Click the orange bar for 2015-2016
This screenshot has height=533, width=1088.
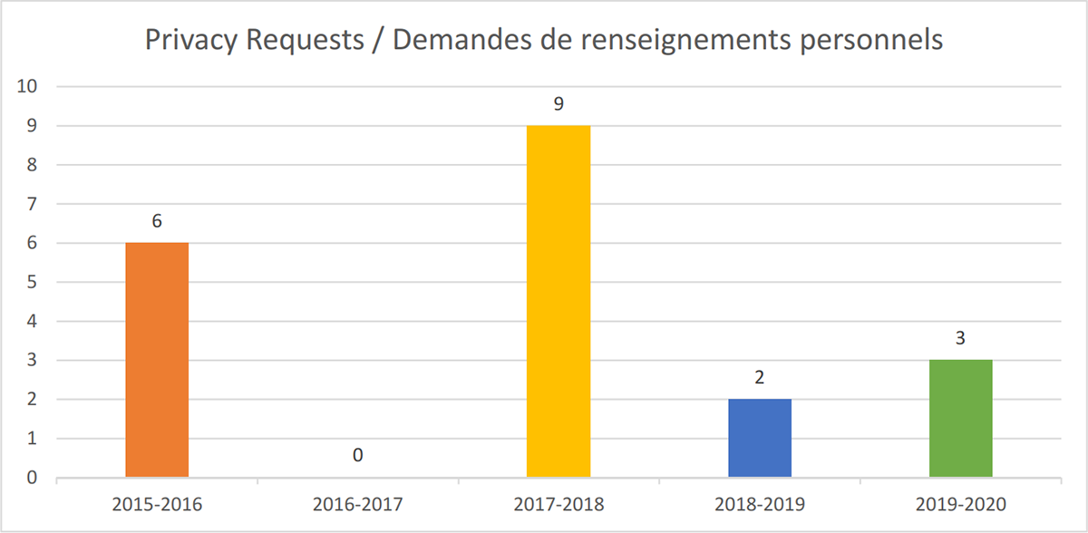click(157, 360)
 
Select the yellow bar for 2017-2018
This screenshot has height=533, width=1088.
click(559, 301)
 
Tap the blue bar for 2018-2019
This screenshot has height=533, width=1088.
click(760, 438)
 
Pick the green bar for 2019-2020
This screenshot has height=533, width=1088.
click(960, 418)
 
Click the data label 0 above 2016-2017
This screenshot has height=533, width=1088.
click(358, 455)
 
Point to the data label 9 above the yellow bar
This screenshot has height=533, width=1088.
click(559, 103)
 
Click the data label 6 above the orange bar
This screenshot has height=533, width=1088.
click(157, 221)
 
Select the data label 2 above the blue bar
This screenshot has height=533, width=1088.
click(760, 377)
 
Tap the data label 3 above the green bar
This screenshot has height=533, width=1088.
click(960, 338)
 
